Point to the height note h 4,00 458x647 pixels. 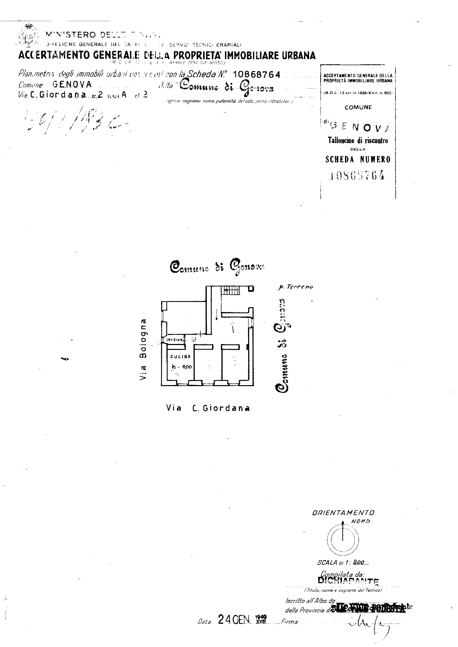[x=182, y=367]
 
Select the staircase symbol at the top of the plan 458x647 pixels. [x=231, y=290]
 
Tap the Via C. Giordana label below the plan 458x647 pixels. [x=208, y=408]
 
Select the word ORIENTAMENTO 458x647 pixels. [x=343, y=513]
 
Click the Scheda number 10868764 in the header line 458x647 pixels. [x=256, y=75]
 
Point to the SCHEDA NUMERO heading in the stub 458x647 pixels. [x=358, y=160]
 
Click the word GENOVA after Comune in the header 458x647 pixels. [x=72, y=85]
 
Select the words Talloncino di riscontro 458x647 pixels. [x=358, y=140]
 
